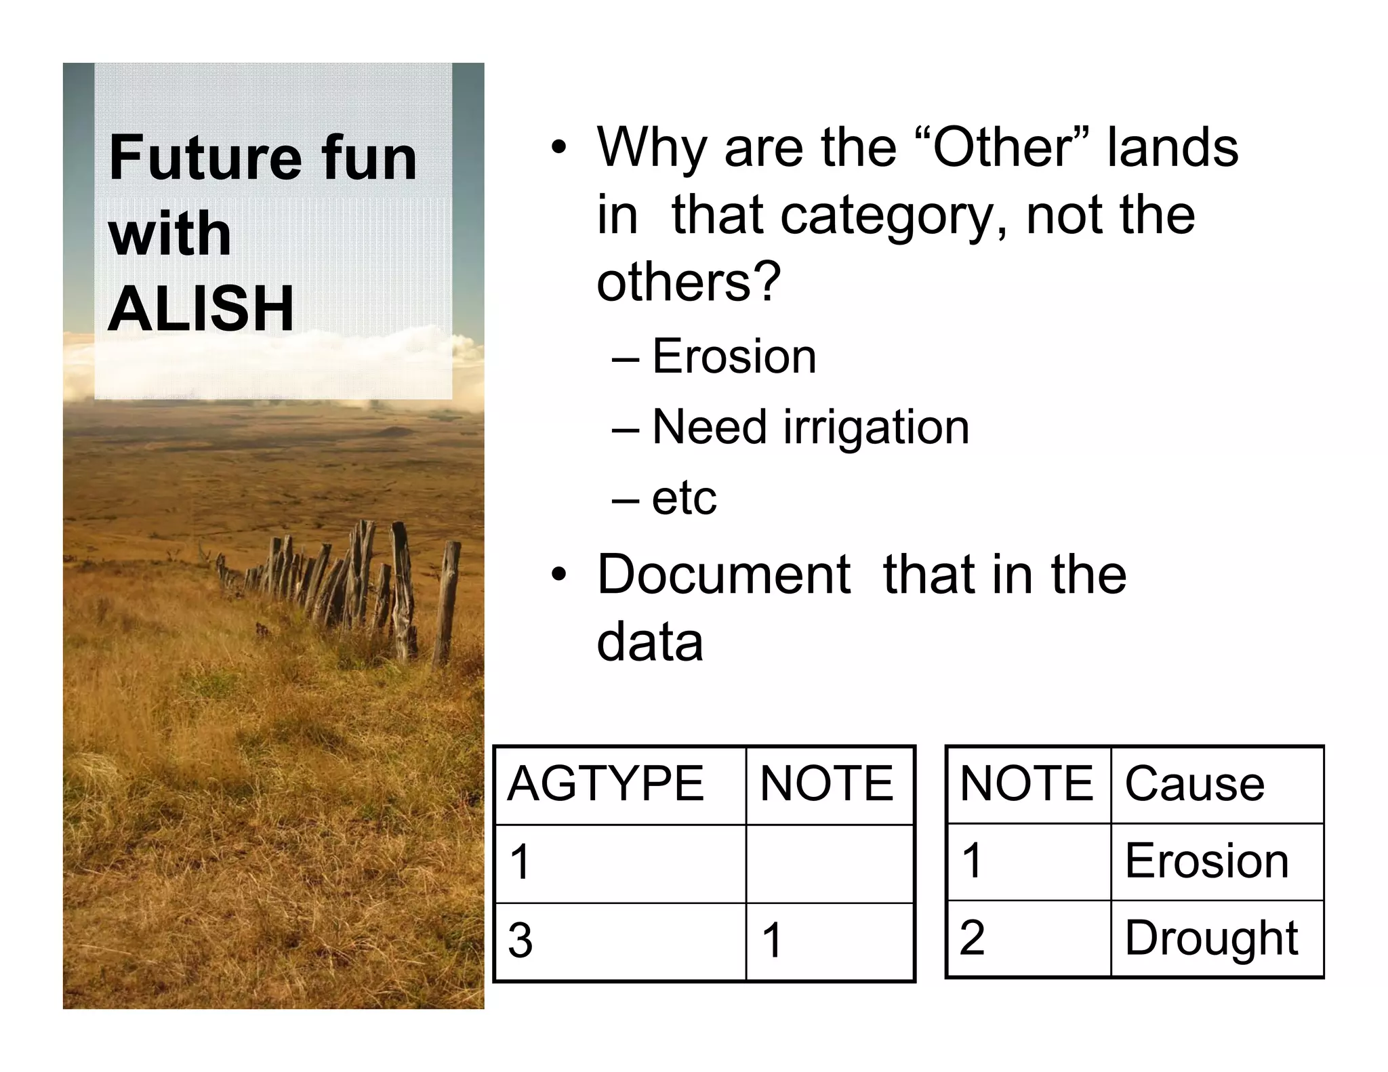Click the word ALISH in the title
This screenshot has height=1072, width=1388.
[x=201, y=308]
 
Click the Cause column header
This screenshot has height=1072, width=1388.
[x=1194, y=784]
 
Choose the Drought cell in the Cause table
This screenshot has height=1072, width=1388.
[x=1211, y=939]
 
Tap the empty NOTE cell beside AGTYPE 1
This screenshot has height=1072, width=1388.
[x=829, y=863]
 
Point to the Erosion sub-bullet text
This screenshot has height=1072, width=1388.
[x=734, y=356]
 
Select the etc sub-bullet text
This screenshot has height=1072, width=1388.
[x=684, y=498]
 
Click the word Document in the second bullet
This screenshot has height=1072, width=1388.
[x=723, y=575]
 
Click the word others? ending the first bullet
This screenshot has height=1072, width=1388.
[x=689, y=281]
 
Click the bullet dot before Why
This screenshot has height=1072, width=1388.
[x=558, y=148]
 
